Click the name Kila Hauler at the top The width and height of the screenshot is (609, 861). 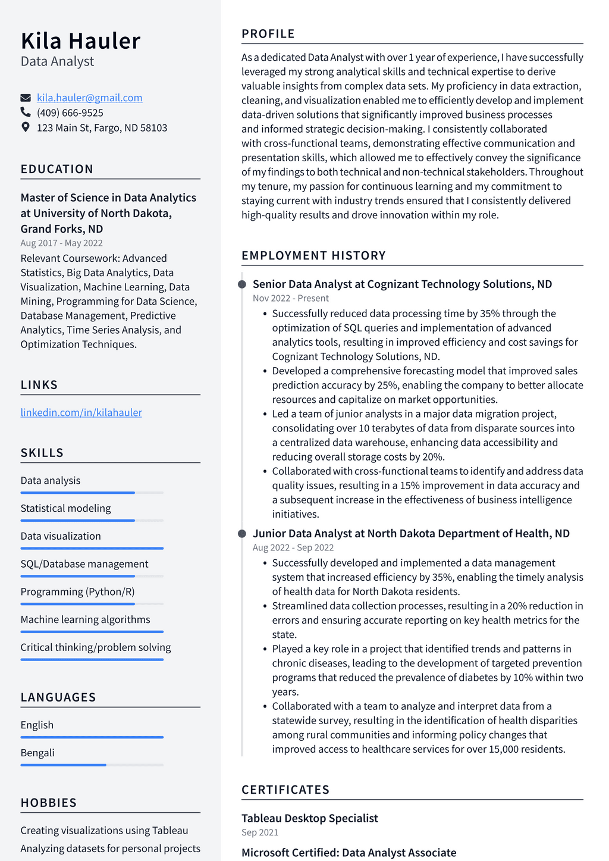point(80,41)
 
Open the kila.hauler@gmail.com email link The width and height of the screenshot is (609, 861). point(89,98)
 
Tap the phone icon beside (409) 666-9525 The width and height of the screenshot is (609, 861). point(26,112)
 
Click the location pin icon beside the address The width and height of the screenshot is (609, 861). point(26,127)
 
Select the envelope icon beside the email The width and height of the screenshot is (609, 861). point(26,98)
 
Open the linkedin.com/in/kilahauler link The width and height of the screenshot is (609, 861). point(81,412)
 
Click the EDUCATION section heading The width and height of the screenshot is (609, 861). point(56,169)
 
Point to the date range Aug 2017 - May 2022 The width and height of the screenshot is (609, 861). point(61,243)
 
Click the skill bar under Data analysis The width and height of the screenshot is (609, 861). point(92,493)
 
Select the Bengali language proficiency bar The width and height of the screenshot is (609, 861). point(92,765)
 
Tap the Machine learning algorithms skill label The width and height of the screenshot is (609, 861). point(85,619)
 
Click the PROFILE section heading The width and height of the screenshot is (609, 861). point(268,34)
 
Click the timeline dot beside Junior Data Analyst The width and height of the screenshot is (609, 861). point(242,534)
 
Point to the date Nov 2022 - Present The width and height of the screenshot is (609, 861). point(290,298)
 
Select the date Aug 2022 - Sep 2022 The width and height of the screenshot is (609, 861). point(293,547)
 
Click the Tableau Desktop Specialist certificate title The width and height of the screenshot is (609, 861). point(309,818)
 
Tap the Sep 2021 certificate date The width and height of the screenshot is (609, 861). point(259,832)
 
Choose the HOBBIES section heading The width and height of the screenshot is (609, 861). point(48,803)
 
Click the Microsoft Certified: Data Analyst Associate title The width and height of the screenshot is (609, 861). point(349,853)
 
